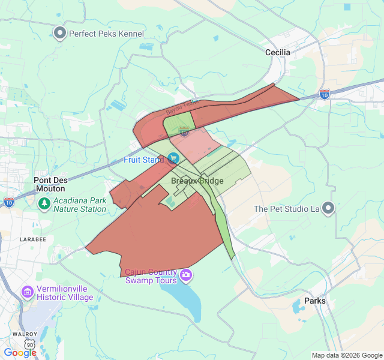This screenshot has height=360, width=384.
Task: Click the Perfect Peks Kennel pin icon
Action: point(59,33)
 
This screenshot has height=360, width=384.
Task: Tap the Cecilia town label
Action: point(278,53)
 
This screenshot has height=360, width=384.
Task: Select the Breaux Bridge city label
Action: point(197,181)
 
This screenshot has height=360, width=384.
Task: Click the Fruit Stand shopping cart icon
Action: point(173,158)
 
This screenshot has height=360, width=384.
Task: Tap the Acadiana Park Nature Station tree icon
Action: point(44,205)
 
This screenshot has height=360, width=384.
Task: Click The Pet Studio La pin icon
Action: point(328,208)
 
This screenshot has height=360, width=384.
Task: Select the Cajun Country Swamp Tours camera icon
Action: point(186,275)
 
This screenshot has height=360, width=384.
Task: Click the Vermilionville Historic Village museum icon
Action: point(28,292)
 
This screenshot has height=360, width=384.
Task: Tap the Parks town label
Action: point(315,301)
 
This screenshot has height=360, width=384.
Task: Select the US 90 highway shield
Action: point(30,344)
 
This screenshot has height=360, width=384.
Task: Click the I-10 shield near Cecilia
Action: point(325,94)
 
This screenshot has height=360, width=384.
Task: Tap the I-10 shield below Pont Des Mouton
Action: point(9,202)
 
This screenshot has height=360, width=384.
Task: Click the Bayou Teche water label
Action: point(182,106)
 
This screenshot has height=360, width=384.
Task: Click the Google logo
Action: point(20,352)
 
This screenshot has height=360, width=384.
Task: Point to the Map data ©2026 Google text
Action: point(346,355)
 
